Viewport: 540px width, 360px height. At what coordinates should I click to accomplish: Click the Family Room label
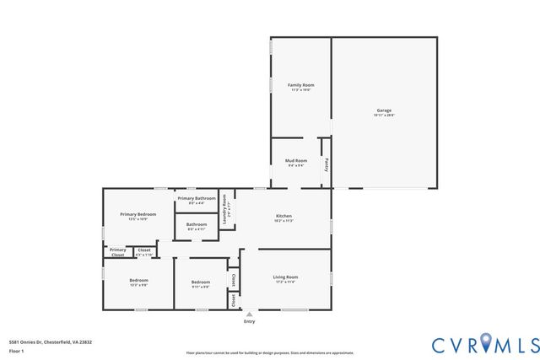300,85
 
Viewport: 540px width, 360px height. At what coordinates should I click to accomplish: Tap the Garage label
384,110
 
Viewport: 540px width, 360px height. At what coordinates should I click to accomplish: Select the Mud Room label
295,160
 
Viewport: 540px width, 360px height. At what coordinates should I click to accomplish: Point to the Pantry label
327,164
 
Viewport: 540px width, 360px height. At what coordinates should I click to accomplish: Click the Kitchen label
283,216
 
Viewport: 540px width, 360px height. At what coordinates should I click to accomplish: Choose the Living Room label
284,277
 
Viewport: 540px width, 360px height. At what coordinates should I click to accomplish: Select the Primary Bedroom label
138,214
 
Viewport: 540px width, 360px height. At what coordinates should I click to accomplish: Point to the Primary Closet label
118,251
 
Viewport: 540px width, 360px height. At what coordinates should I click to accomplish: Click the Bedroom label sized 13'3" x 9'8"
138,280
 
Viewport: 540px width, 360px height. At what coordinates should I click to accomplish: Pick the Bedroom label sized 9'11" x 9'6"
200,282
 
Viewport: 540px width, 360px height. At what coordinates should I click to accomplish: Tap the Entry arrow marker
249,314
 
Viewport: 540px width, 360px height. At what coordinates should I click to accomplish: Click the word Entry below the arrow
249,321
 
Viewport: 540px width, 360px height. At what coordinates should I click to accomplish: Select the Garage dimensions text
384,116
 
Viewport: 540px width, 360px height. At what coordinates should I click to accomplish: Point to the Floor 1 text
16,350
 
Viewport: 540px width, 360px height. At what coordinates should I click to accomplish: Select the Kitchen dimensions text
283,221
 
